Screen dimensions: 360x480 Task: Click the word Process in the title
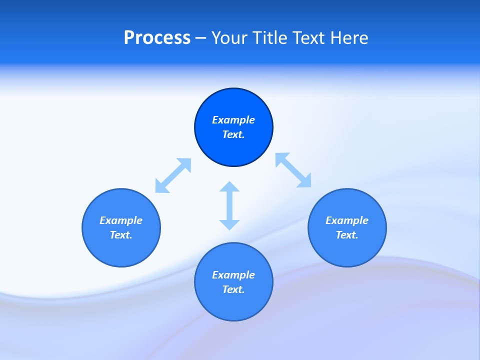(x=157, y=38)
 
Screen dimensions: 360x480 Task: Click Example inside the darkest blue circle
(x=233, y=120)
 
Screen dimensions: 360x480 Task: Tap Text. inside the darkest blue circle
(x=233, y=134)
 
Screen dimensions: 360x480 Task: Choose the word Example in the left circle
(x=121, y=220)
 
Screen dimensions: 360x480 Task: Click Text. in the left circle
(x=121, y=235)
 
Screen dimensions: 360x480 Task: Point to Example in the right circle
(x=347, y=220)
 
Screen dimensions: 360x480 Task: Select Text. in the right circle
(x=347, y=235)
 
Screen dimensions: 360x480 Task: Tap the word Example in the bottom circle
(x=233, y=275)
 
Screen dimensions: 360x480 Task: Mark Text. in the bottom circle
(x=233, y=289)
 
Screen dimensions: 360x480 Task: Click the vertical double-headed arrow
(x=229, y=205)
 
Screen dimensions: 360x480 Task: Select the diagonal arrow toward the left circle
(x=173, y=175)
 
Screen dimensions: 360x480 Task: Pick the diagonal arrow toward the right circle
(x=293, y=170)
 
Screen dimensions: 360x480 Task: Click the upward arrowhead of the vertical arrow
(x=229, y=186)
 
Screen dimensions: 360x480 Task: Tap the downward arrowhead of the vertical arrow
(x=229, y=225)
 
